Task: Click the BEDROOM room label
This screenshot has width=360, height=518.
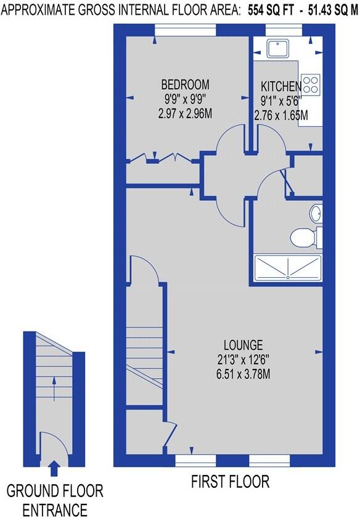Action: pos(185,84)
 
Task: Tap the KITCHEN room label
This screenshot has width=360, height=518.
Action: pos(281,86)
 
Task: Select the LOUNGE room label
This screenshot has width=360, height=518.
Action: pos(244,344)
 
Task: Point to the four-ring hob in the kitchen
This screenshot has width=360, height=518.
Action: pos(311,83)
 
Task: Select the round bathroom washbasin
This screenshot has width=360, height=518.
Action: pos(316,213)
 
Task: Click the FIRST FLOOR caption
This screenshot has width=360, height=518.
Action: pos(230,481)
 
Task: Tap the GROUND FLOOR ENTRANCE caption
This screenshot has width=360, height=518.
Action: pos(55,500)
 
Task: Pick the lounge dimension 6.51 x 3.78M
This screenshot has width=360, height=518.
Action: pos(244,373)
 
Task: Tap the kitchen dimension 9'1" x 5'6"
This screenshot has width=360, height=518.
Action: pos(281,100)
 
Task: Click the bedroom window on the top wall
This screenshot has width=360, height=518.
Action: pos(185,27)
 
